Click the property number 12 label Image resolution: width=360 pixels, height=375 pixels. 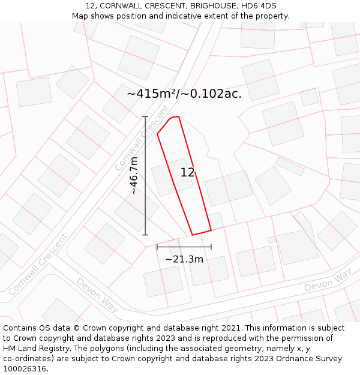[x=187, y=173]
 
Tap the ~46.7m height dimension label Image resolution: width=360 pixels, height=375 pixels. [x=134, y=176]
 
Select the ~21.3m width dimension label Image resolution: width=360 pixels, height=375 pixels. [x=184, y=259]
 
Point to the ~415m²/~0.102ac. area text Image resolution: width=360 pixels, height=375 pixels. [x=184, y=94]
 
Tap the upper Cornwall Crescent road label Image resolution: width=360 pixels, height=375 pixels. [x=142, y=139]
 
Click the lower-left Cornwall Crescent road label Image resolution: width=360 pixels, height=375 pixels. [x=37, y=264]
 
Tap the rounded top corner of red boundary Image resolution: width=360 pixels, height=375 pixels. [x=172, y=118]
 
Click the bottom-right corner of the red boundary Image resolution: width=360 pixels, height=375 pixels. [x=211, y=230]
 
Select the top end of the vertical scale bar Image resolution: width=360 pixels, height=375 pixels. [x=145, y=117]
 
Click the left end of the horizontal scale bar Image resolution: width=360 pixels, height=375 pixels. [x=157, y=247]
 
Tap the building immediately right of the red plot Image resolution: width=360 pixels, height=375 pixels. [x=229, y=188]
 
